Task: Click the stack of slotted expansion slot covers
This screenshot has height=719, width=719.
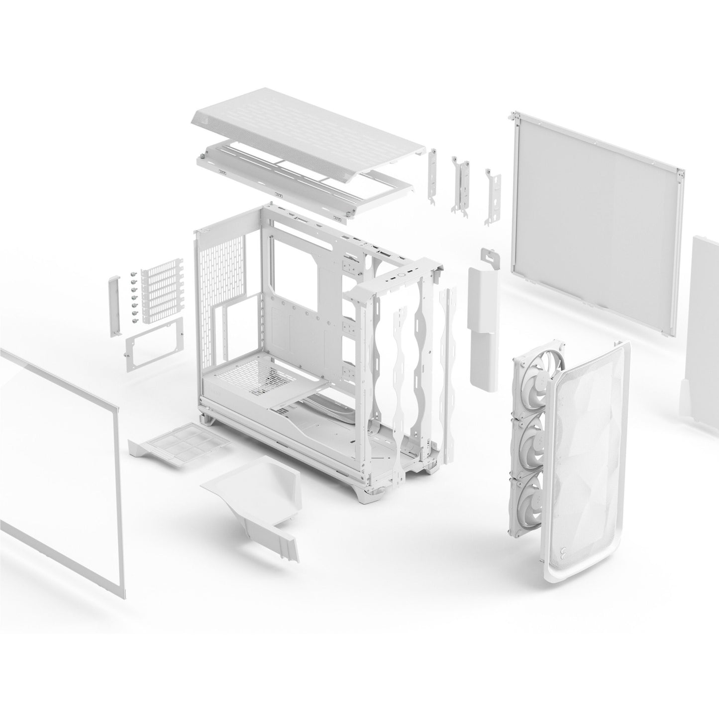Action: click(x=159, y=295)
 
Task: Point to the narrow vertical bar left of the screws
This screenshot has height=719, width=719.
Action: click(x=113, y=308)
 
